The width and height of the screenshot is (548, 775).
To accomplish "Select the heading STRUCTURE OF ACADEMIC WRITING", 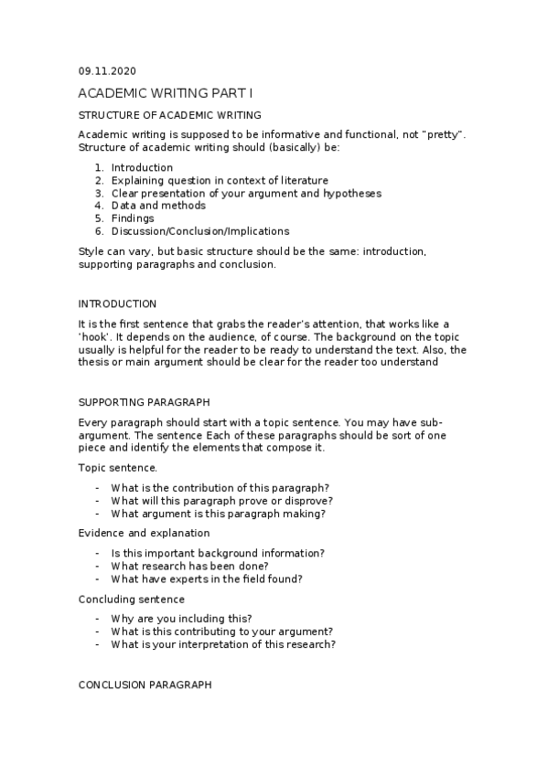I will pos(170,115).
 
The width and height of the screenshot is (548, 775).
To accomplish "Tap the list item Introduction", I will pos(142,167).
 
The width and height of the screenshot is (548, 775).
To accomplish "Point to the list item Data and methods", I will pos(158,206).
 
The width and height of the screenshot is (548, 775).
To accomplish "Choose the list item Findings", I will pos(133,218).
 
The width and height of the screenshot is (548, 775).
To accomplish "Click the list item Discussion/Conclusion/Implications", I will pos(199,231).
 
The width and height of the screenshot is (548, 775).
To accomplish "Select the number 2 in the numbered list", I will pos(98,180).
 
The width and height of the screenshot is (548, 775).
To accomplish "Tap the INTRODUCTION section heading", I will pos(117,303).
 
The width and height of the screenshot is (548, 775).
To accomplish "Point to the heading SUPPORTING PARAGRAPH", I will pos(145,402).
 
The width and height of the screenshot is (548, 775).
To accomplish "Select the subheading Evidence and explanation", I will pos(144,533).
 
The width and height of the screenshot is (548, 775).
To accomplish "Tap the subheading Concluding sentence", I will pos(132,599).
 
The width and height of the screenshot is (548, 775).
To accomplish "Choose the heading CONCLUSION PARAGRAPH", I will pos(145,684).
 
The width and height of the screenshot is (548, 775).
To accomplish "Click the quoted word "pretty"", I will pos(444,134).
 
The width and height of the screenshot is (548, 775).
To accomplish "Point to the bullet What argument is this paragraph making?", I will pos(218,513).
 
